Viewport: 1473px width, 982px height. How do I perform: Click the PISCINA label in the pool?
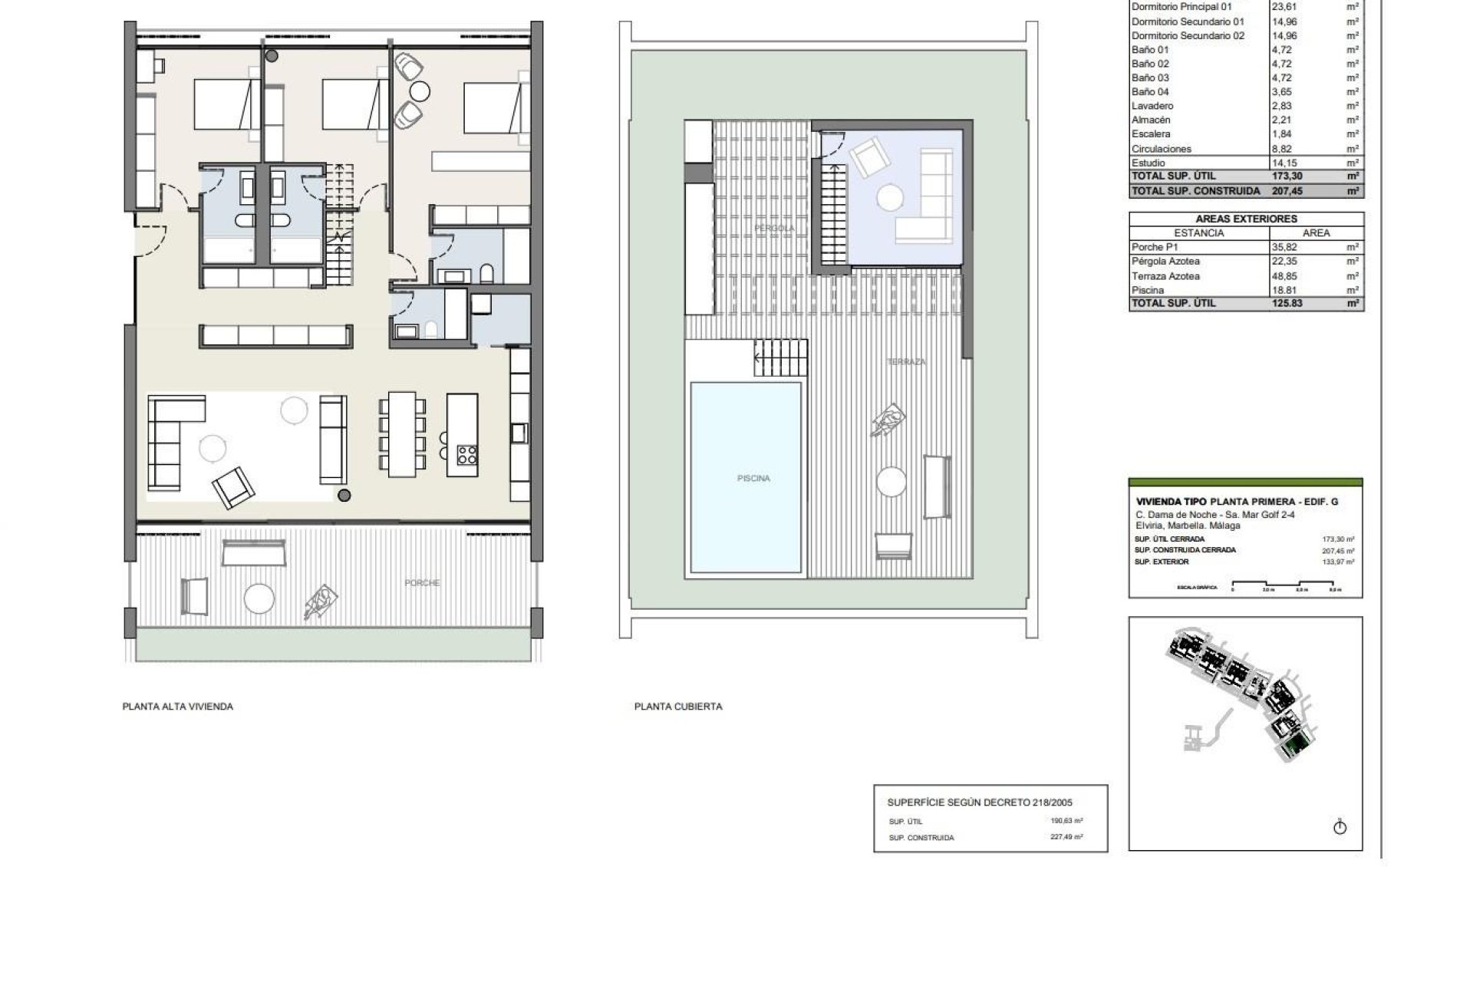click(753, 479)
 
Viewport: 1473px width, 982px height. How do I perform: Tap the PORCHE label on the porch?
click(422, 583)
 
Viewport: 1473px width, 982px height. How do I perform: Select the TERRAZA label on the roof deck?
click(906, 361)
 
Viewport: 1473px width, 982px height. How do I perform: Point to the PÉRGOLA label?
click(773, 229)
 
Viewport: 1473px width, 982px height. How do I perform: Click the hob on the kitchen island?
click(466, 454)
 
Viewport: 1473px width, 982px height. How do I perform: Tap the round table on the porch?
click(259, 598)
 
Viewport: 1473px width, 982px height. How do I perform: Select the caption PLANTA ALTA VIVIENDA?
click(177, 707)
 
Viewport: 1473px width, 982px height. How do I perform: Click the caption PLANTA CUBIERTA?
click(677, 707)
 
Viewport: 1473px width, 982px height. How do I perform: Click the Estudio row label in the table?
click(1148, 163)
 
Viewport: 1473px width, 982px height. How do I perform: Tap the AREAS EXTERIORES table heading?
click(1245, 219)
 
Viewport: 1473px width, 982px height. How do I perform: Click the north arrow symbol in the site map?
click(1340, 827)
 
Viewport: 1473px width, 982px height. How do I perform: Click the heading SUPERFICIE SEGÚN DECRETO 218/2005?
click(979, 802)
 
